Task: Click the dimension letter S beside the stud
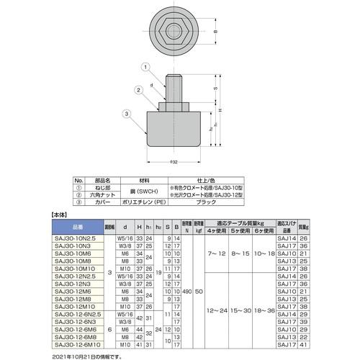point(216,89)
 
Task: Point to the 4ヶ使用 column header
point(215,230)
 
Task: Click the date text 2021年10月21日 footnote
point(87,356)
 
